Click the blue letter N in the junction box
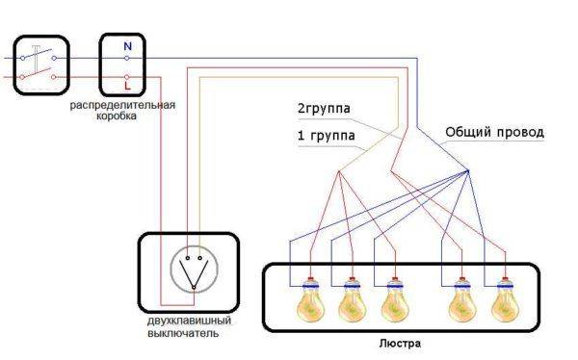coord(126,45)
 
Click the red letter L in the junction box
coord(126,84)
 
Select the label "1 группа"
coord(327,137)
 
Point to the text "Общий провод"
coord(494,131)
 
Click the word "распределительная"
coord(122,103)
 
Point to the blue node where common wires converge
coord(468,172)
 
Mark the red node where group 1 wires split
coord(339,172)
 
